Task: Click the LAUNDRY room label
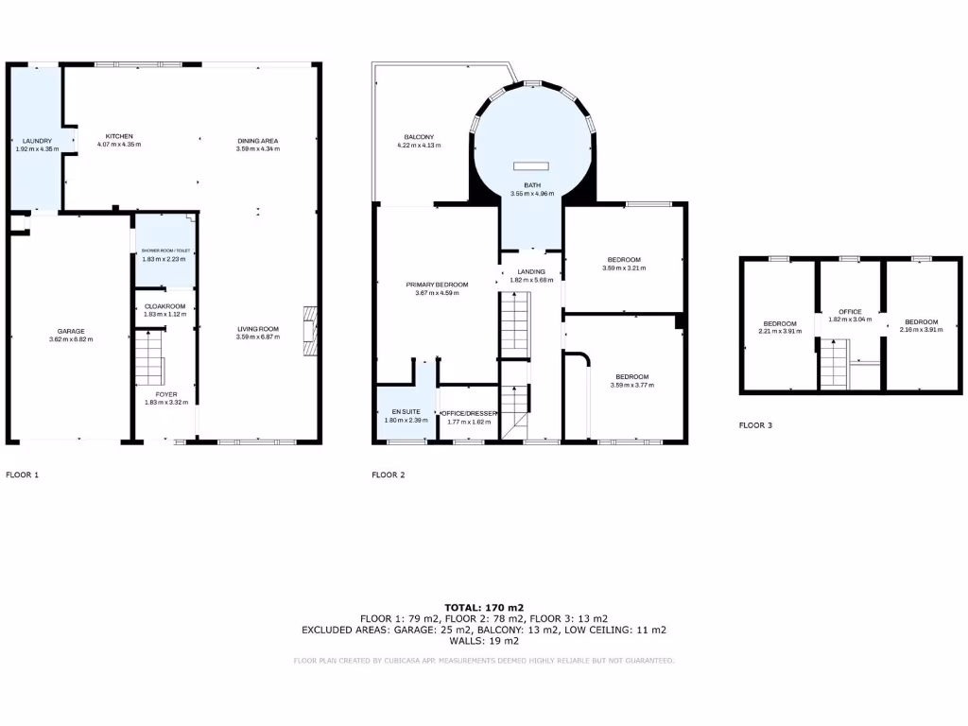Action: (x=37, y=141)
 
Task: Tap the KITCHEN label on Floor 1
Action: (x=119, y=136)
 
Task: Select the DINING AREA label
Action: (x=257, y=141)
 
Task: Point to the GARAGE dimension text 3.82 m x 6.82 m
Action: (x=70, y=339)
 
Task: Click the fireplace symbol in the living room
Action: (x=309, y=333)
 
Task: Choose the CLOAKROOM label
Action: (x=164, y=306)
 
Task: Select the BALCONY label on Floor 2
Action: (x=419, y=137)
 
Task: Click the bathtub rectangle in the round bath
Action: (x=532, y=166)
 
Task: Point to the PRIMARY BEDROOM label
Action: (x=437, y=285)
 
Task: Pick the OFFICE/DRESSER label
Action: (x=468, y=412)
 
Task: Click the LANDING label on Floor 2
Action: (x=532, y=272)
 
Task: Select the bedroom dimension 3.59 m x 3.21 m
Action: (x=623, y=268)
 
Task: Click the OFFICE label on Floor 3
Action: (x=850, y=312)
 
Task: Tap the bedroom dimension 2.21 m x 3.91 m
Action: (x=780, y=332)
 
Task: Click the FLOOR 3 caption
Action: (x=755, y=425)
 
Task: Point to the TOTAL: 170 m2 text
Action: (x=484, y=608)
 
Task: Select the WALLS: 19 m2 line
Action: (x=484, y=641)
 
